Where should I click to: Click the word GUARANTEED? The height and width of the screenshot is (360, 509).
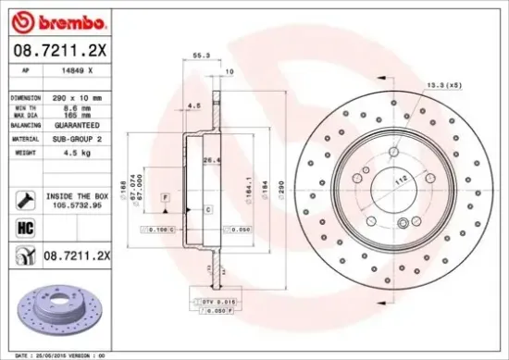(x=78, y=123)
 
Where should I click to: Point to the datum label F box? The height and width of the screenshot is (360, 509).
(x=164, y=197)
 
